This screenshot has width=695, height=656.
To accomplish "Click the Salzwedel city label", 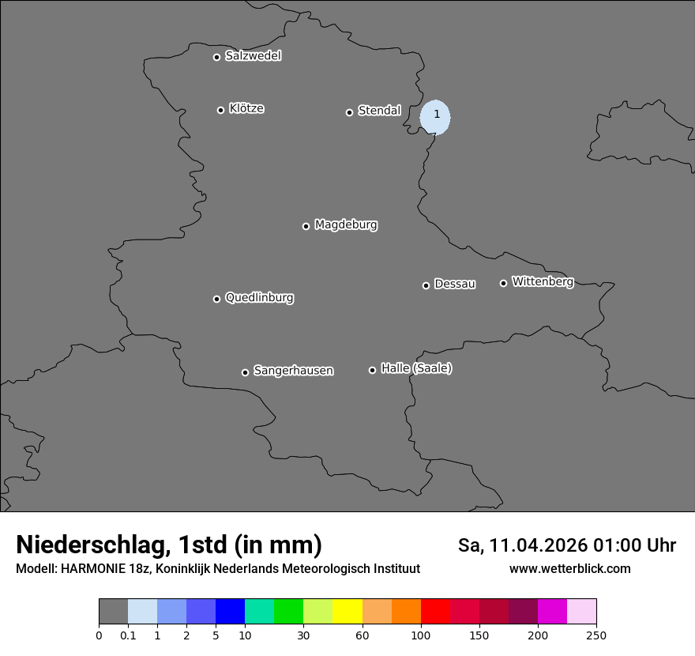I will [253, 56].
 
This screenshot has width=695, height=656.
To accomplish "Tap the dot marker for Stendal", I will [349, 112].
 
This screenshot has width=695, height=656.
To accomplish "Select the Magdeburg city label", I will [346, 225].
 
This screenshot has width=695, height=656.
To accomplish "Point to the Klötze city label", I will [246, 109].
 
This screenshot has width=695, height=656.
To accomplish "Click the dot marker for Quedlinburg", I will [216, 299].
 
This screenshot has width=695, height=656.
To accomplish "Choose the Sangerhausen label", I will [293, 371].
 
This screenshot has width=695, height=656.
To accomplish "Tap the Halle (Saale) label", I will [416, 368].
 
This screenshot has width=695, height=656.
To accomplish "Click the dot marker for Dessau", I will [426, 285].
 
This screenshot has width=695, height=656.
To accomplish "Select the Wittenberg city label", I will [543, 281].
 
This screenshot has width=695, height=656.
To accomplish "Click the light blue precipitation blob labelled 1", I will [435, 117].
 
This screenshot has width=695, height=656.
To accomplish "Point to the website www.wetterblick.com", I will [569, 569].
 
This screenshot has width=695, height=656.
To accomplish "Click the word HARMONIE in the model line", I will [93, 569].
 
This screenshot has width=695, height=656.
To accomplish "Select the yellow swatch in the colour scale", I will [347, 612].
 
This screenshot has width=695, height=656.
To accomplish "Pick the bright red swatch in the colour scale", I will [435, 612].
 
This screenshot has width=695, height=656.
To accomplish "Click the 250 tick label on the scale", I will [596, 635].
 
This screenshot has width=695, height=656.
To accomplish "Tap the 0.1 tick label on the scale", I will [128, 635].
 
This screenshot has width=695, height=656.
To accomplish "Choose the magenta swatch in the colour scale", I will [552, 612].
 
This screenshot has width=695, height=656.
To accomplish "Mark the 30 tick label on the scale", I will [303, 635].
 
